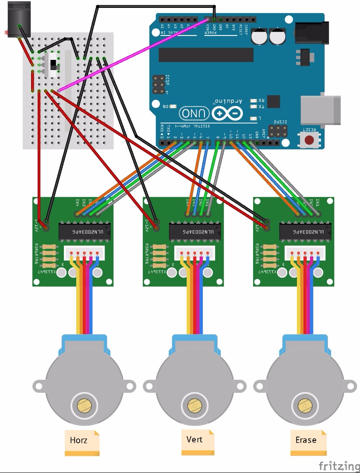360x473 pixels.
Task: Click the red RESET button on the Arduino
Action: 310,140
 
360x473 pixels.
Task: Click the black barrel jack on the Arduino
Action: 312,34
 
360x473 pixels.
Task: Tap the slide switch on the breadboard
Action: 54,64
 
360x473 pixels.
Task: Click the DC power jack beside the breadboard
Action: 17,20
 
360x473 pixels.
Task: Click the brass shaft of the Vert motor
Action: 193,406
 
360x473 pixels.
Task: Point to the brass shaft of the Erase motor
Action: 304,406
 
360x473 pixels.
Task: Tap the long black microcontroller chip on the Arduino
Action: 206,55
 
